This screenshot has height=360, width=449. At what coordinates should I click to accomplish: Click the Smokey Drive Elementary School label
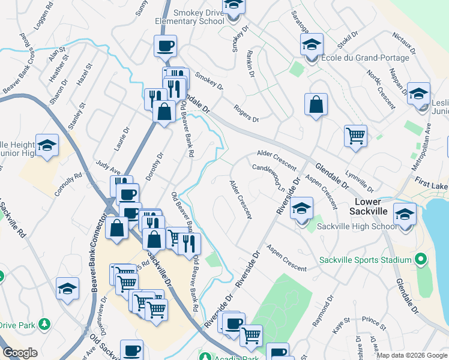tap(189, 16)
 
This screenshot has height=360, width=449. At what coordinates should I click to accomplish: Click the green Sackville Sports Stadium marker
tap(421, 260)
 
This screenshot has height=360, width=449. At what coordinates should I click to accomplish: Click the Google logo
tap(20, 353)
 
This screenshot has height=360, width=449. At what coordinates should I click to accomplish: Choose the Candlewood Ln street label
tap(268, 177)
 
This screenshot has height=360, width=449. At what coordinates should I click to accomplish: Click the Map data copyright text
tap(411, 355)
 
